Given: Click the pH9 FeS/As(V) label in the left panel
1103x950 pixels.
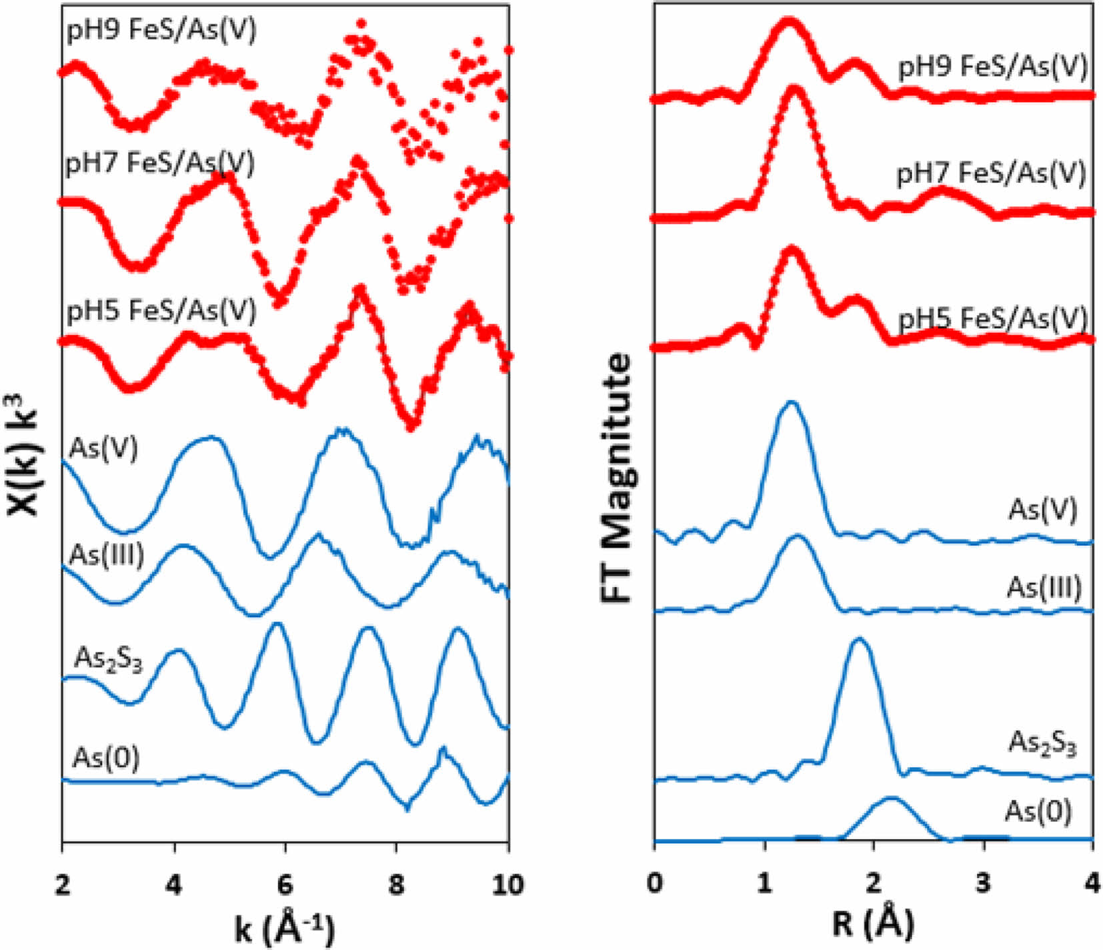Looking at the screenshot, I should (161, 31).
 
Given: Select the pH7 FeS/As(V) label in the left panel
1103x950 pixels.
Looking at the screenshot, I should (160, 163).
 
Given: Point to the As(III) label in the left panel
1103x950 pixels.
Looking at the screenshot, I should (107, 555).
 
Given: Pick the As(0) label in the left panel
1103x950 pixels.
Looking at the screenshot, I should (106, 758).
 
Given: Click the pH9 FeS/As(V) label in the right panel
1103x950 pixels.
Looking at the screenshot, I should (993, 66).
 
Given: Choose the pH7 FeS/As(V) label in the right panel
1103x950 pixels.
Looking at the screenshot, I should (991, 173).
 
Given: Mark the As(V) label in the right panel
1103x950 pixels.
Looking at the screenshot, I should (1042, 509).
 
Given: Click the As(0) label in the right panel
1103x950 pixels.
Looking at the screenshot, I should (1038, 811).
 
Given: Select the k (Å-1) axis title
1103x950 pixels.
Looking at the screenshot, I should (285, 927).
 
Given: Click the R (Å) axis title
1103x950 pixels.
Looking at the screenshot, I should (873, 925).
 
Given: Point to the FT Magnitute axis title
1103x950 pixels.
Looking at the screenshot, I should (616, 478).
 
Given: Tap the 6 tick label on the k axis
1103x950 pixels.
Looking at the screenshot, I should (285, 884).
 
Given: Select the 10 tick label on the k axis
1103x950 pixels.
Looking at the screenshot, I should (507, 884).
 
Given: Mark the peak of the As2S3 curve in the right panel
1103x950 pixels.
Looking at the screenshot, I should (858, 639).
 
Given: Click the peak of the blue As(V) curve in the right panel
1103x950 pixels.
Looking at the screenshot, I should (792, 402).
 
